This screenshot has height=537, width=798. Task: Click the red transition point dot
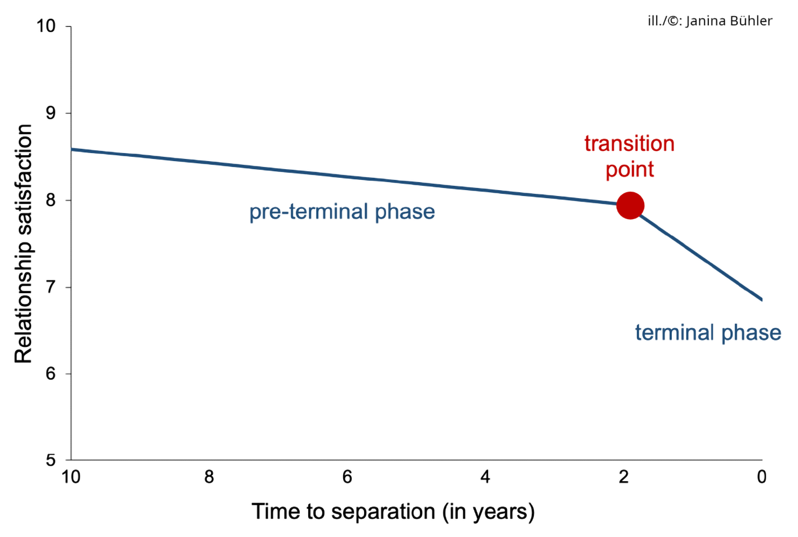pos(630,205)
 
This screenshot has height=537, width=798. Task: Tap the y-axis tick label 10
pos(46,26)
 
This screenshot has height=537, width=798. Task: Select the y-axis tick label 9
pos(51,113)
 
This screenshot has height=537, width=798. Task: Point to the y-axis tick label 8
pos(51,200)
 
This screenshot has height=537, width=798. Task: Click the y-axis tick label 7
pos(51,287)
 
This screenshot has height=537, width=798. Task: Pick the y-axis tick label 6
pos(51,373)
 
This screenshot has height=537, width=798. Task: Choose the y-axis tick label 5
pos(51,460)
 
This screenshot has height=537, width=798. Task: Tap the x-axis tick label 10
pos(71,477)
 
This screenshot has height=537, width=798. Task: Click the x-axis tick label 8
pos(209,477)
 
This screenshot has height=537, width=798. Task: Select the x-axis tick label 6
pos(347,477)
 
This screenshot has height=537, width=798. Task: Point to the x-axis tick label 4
pos(485,477)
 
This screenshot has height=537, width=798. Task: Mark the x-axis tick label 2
pos(623,477)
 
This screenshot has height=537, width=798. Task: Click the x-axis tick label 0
pos(761,477)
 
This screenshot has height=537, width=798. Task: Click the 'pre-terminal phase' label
pos(342,212)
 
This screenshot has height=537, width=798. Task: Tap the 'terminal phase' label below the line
pos(708,333)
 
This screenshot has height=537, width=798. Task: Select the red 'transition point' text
pos(629,156)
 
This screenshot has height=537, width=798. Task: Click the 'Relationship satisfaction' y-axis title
pos(24,244)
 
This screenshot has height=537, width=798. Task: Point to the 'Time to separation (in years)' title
pos(393,512)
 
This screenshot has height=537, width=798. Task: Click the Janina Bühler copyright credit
pos(710,21)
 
